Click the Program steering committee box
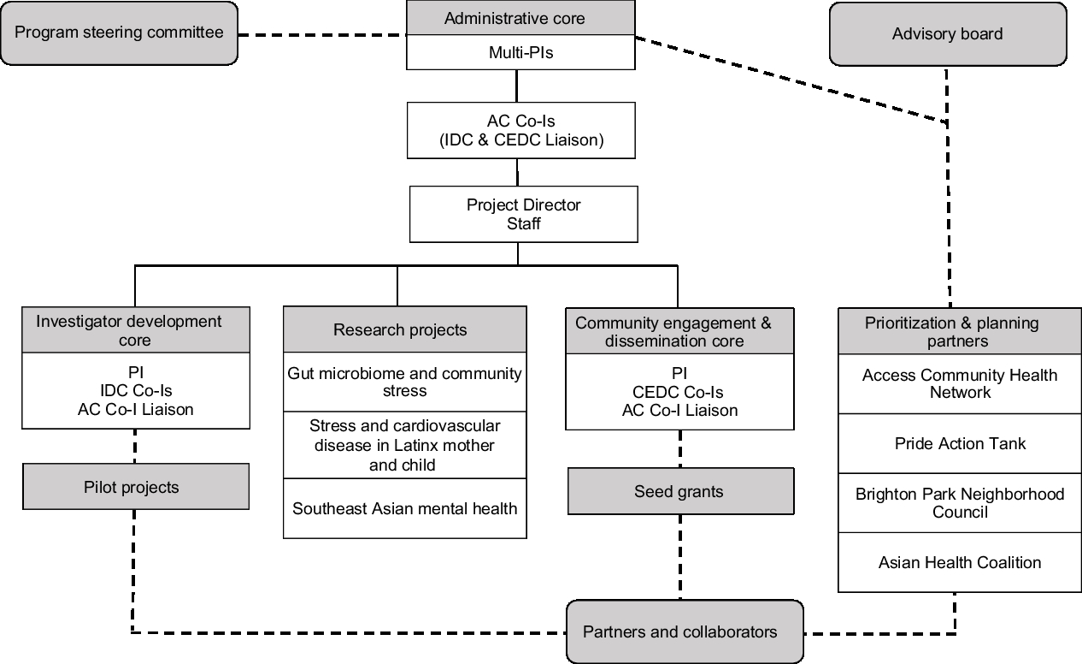click(119, 33)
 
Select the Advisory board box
click(948, 34)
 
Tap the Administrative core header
click(520, 18)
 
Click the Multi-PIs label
click(520, 53)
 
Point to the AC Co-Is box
click(521, 131)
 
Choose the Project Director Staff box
click(524, 214)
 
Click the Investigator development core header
click(136, 330)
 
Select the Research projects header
click(404, 330)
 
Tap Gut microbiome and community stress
click(404, 382)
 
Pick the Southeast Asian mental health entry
click(404, 508)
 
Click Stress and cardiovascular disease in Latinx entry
click(404, 445)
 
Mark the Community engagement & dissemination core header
click(679, 332)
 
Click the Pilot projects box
click(136, 487)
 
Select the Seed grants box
click(680, 491)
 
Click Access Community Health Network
click(960, 384)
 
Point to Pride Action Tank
click(960, 443)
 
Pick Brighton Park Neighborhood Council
click(960, 503)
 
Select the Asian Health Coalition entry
click(960, 562)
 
